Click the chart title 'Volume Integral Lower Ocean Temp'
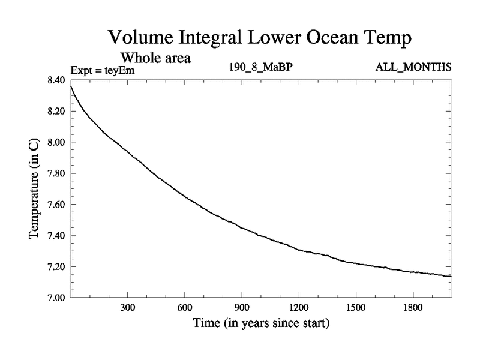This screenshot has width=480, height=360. tap(261, 37)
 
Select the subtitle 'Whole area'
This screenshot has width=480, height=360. tap(155, 58)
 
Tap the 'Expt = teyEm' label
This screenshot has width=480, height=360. tap(103, 70)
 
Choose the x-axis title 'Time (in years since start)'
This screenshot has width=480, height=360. tap(261, 324)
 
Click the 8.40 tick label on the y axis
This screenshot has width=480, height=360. tap(56, 80)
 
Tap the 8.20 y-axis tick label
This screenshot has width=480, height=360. tap(56, 112)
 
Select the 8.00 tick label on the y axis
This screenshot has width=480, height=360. tap(56, 142)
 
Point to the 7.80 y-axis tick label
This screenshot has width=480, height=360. tap(56, 173)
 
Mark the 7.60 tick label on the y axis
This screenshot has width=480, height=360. tap(56, 205)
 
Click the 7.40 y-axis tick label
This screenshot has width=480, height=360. tap(56, 235)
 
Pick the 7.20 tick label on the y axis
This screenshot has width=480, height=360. tap(56, 266)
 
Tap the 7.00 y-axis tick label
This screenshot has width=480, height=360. tap(56, 298)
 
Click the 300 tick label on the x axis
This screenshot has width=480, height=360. tap(128, 307)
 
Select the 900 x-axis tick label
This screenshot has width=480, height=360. tap(242, 307)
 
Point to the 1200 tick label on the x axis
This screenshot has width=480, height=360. tap(299, 307)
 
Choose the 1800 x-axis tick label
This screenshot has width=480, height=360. tap(413, 307)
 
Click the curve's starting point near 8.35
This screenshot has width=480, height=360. tap(71, 87)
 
